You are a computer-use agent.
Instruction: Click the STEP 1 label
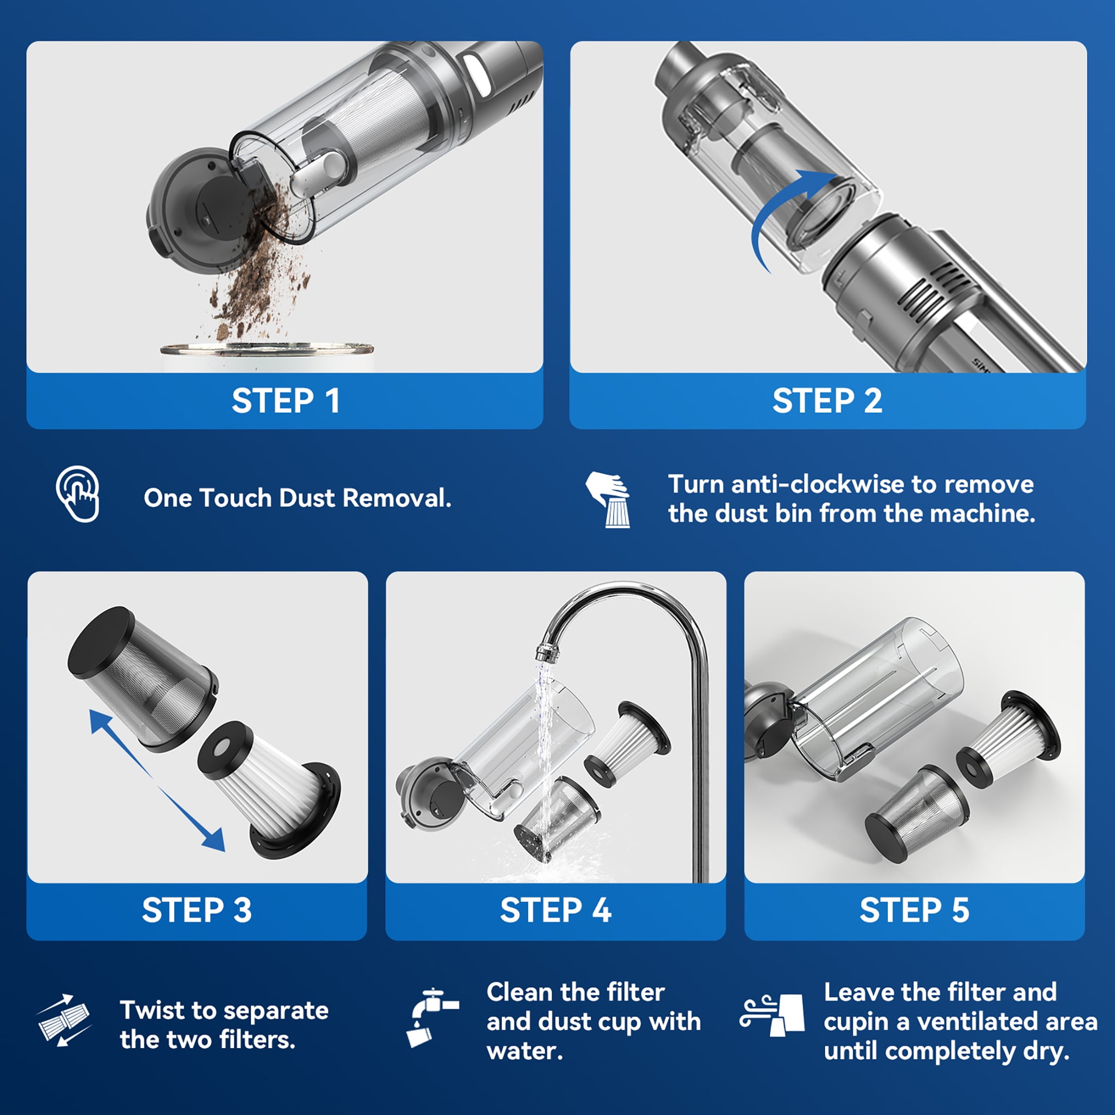(286, 400)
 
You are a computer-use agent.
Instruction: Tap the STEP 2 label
(828, 400)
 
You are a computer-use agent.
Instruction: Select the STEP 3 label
(197, 910)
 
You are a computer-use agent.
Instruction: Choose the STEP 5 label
(915, 910)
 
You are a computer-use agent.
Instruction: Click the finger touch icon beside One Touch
(78, 494)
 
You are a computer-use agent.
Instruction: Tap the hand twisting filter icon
(608, 500)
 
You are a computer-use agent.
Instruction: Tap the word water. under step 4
(525, 1052)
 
